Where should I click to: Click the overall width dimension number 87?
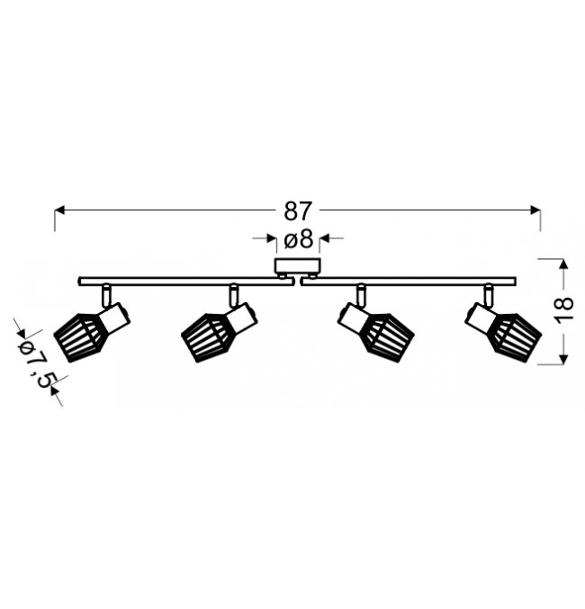(x=298, y=210)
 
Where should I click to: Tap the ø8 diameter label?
(x=299, y=238)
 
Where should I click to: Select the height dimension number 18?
(x=564, y=309)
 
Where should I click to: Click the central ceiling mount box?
(x=298, y=266)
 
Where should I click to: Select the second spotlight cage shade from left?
(x=208, y=337)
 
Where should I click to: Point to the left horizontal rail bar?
(x=185, y=282)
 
